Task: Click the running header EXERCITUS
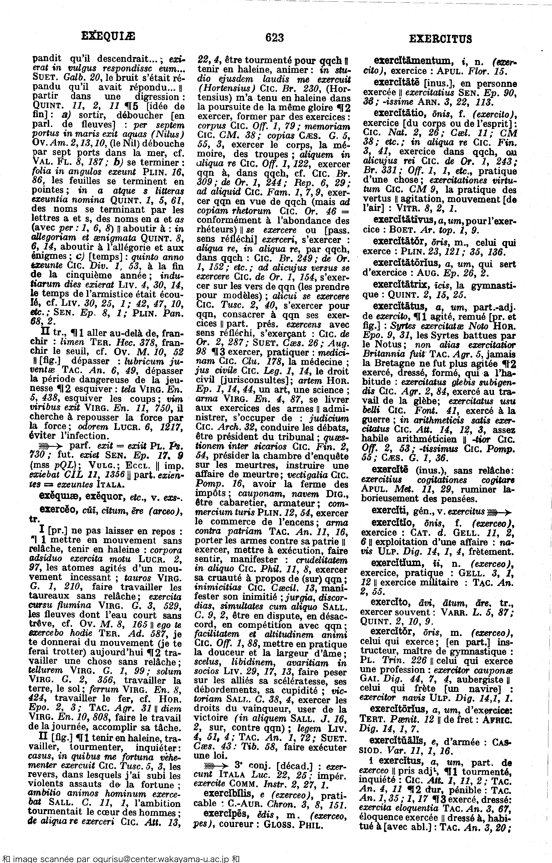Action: point(440,38)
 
